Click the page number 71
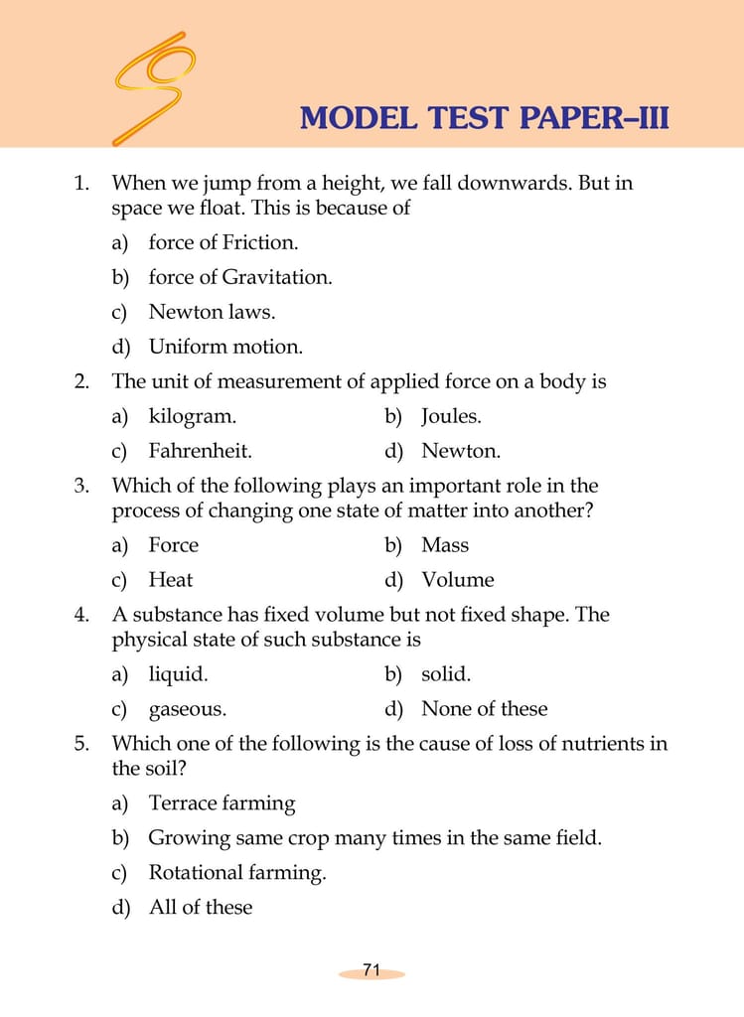click(x=372, y=970)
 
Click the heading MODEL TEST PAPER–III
click(x=484, y=119)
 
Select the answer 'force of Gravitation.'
click(x=239, y=277)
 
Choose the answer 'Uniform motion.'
click(x=225, y=347)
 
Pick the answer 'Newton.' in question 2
click(x=460, y=451)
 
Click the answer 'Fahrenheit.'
click(x=200, y=451)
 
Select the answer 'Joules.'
click(x=451, y=416)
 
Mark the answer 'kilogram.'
click(x=192, y=416)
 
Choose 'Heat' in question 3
click(x=170, y=580)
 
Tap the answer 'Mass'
click(x=444, y=545)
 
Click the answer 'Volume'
click(x=457, y=580)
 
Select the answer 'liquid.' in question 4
click(x=178, y=674)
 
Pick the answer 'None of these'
click(x=484, y=709)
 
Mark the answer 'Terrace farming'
click(x=222, y=803)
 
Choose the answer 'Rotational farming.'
click(x=236, y=873)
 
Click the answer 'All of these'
click(x=200, y=908)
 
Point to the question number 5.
click(x=81, y=744)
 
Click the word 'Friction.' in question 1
click(x=259, y=242)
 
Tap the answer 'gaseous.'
click(x=187, y=709)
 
